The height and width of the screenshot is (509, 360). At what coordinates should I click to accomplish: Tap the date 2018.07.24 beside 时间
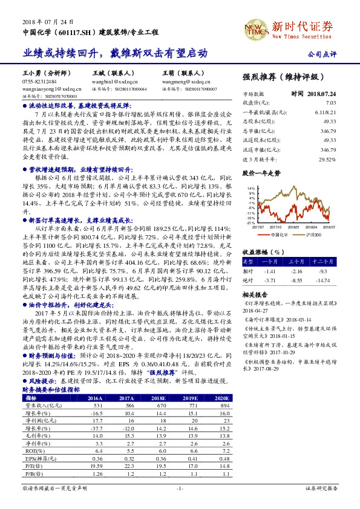[322, 94]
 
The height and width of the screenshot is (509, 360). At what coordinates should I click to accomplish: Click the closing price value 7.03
[330, 103]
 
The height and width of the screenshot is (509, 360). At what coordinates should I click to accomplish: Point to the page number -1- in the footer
[180, 488]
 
